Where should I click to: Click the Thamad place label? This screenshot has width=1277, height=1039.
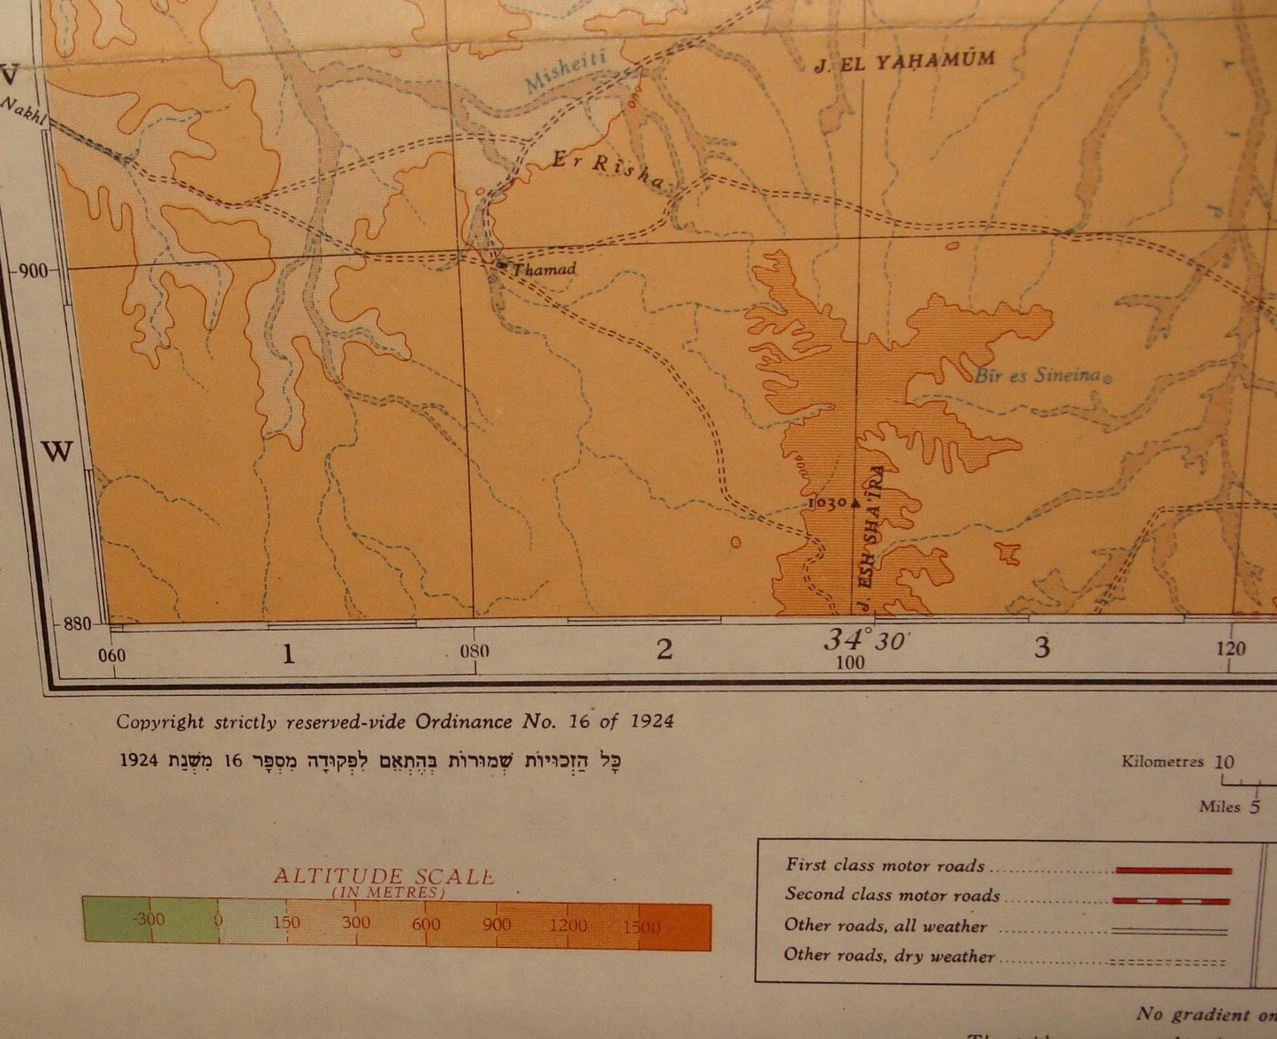pos(544,269)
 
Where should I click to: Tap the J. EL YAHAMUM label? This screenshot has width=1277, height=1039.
pos(904,62)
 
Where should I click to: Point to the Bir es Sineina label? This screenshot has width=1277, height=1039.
pos(1038,375)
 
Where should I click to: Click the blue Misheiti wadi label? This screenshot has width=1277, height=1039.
pos(566,71)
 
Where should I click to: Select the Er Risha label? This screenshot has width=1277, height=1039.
pos(607,171)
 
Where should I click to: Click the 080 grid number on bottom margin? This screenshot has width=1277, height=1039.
pos(475,653)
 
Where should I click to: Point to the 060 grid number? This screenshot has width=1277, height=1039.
pos(112,655)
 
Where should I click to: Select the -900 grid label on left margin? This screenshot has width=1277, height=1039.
pos(32,271)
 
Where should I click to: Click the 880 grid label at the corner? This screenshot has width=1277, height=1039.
pos(77,623)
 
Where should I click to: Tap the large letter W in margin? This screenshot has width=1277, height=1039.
pos(57,452)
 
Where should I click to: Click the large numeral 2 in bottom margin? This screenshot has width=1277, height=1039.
pos(665,650)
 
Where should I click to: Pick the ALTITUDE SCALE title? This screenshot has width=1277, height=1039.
pos(383,876)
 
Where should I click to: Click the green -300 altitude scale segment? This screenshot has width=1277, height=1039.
pos(150,920)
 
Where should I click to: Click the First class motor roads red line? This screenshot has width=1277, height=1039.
pos(1173,871)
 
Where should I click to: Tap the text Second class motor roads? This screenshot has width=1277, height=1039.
pos(893,895)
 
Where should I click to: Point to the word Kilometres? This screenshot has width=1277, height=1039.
pos(1162,761)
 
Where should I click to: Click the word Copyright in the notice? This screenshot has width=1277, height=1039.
pos(160,722)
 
